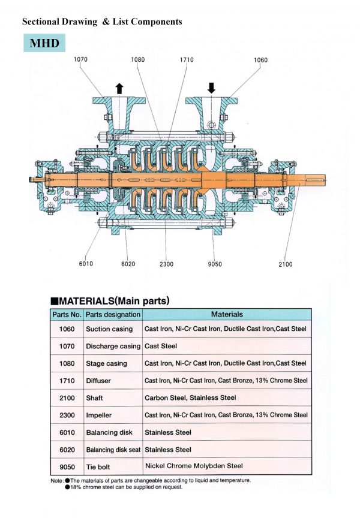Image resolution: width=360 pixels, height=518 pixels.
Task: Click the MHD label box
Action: pos(44,43)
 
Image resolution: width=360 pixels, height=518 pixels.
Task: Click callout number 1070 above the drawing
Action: pos(82,59)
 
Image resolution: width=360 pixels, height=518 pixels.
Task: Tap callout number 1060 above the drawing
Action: pos(260,60)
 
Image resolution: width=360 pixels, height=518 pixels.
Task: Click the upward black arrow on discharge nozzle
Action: pos(119,88)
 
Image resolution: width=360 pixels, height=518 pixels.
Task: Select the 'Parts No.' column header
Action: pos(66,314)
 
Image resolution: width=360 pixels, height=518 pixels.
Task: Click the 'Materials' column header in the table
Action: pos(227,314)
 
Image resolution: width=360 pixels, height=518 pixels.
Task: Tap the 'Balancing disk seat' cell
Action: pos(112,450)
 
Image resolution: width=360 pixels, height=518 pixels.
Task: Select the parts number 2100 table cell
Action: pos(66,397)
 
